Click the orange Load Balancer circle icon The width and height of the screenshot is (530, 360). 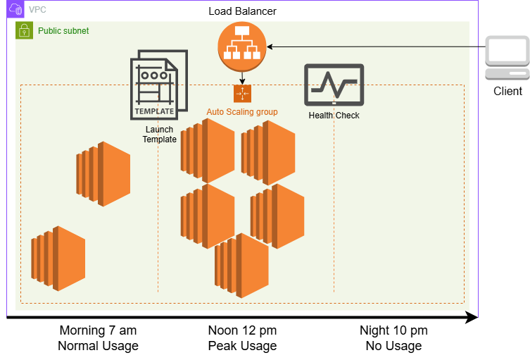tap(242, 46)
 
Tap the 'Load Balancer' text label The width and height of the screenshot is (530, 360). tap(242, 11)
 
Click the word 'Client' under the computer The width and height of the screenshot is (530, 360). tap(507, 92)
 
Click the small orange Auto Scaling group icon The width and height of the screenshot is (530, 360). tap(242, 94)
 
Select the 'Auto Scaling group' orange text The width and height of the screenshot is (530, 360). tap(242, 112)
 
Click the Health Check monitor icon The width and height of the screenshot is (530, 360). tap(334, 85)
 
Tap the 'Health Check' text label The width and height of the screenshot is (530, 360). tap(334, 115)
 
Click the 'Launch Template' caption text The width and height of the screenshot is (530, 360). tap(159, 135)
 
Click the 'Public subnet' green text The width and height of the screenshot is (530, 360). tap(63, 31)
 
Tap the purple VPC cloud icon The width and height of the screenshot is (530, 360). tap(15, 9)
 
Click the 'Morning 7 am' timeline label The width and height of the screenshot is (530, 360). tap(98, 330)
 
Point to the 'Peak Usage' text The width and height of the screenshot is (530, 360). tap(242, 346)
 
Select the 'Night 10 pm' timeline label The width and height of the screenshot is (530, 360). tap(393, 330)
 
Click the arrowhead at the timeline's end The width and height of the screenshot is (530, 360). tap(472, 318)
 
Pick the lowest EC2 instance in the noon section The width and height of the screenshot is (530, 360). tap(241, 266)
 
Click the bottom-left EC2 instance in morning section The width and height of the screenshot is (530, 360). tap(58, 259)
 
